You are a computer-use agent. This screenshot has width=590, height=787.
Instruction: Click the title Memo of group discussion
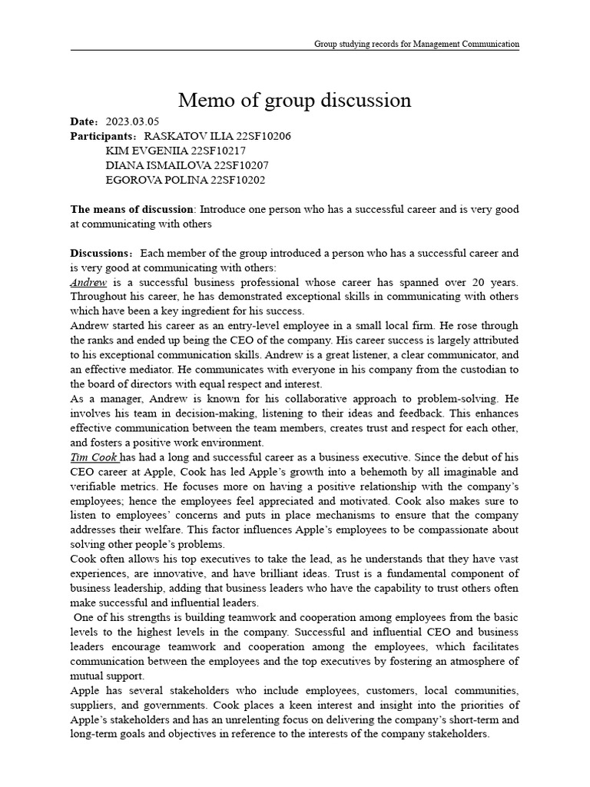click(x=294, y=100)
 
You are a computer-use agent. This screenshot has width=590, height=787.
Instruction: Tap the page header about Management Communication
click(x=416, y=44)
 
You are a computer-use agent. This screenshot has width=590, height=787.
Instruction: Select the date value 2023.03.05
click(x=131, y=121)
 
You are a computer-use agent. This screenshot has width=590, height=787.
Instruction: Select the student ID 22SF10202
click(x=230, y=180)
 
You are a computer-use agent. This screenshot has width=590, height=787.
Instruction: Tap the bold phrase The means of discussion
click(x=131, y=209)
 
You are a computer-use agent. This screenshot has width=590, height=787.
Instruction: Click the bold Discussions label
click(x=100, y=253)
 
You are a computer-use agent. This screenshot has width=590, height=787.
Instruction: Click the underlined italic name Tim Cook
click(x=94, y=457)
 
